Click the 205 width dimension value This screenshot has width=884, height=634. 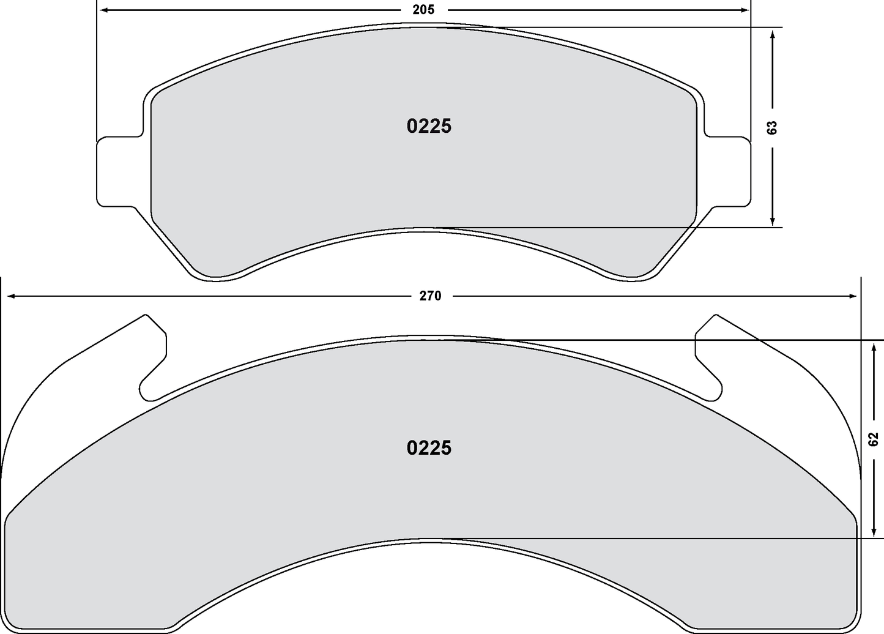(423, 10)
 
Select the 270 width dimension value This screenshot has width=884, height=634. (430, 296)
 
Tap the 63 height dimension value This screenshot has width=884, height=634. (772, 127)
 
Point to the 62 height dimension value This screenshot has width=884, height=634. (873, 438)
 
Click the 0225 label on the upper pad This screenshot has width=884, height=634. (429, 126)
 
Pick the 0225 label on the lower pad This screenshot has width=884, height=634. (429, 448)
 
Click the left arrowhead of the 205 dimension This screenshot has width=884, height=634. (104, 10)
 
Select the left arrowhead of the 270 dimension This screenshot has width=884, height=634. (10, 296)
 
